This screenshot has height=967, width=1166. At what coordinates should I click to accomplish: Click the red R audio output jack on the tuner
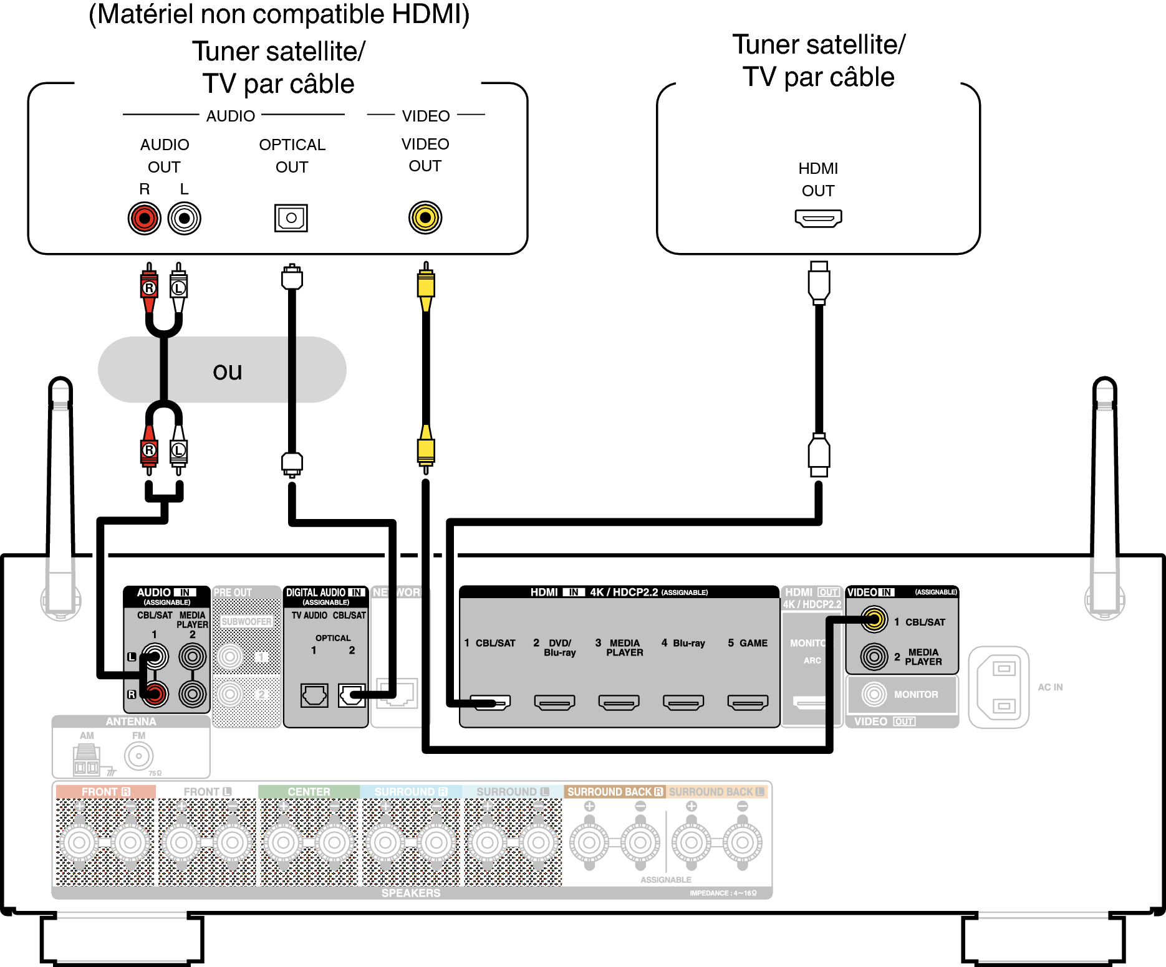click(x=145, y=219)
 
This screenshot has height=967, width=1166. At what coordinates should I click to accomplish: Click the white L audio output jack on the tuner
click(x=184, y=219)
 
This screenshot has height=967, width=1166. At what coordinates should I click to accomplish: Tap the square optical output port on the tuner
click(x=291, y=218)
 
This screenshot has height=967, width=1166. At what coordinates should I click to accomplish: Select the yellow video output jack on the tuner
click(x=425, y=218)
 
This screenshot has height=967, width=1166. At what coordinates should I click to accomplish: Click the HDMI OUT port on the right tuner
click(x=818, y=218)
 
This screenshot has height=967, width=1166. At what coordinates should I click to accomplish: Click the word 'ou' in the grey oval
click(x=227, y=371)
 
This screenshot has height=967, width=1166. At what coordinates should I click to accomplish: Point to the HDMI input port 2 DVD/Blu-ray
click(x=554, y=703)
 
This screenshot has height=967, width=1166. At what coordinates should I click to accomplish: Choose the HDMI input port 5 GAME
click(x=748, y=703)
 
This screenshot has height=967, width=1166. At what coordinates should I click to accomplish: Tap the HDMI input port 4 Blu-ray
click(x=683, y=703)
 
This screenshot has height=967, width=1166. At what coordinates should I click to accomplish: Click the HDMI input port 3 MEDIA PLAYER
click(x=619, y=703)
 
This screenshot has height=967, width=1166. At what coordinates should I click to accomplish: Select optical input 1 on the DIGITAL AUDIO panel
click(x=314, y=695)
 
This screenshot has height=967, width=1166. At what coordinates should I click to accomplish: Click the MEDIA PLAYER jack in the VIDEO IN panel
click(x=874, y=657)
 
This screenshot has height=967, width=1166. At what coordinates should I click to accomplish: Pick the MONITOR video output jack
click(x=874, y=694)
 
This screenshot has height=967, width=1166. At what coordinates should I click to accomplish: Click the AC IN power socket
click(x=1000, y=687)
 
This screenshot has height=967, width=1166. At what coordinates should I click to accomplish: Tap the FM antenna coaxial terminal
click(x=138, y=756)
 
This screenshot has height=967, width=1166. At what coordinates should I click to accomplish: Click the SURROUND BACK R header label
click(x=615, y=792)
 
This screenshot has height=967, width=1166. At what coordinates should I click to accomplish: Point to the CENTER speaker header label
click(x=309, y=792)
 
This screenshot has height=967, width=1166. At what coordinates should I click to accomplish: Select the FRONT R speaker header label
click(x=105, y=792)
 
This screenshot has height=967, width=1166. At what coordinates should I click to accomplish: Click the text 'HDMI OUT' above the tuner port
click(x=818, y=179)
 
